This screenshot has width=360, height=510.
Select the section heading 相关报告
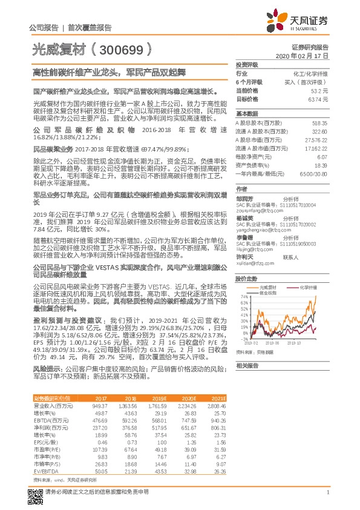pos(246,365)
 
